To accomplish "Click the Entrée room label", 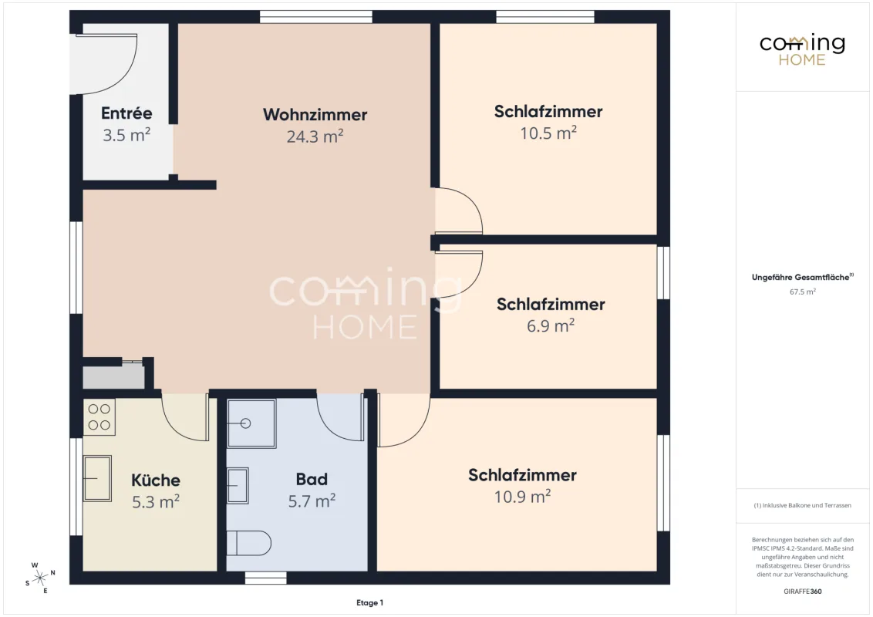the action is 126,113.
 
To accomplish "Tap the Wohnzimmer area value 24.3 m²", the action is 315,136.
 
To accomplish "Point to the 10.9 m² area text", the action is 522,496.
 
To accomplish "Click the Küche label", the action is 156,480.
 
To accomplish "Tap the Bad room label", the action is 312,479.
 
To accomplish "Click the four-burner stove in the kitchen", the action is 99,417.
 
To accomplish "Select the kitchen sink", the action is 97,478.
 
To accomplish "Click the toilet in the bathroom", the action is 249,542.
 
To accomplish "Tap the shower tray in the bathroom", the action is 251,423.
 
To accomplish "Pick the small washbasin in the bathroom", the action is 238,486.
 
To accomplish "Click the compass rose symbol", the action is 40,578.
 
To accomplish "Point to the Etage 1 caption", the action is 369,602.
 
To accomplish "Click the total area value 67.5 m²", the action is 802,292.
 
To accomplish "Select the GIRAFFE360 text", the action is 802,592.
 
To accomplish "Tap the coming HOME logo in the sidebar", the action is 802,50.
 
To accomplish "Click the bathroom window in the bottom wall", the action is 265,578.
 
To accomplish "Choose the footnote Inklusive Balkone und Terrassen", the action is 802,506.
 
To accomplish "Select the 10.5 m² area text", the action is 548,133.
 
